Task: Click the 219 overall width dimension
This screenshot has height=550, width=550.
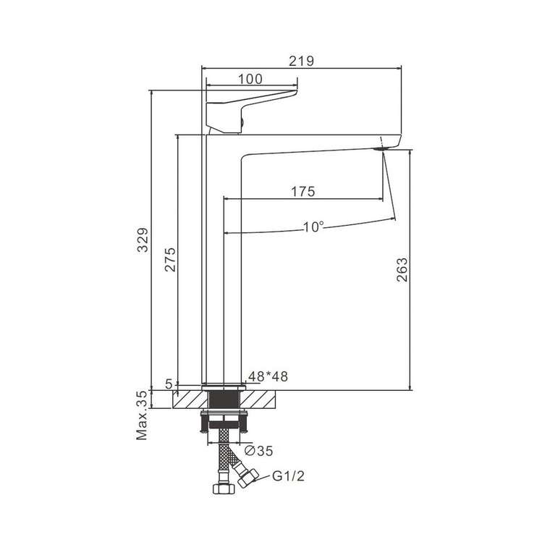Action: [x=301, y=61]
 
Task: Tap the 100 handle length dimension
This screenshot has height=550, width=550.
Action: [x=250, y=80]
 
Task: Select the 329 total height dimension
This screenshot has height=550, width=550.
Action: [x=143, y=240]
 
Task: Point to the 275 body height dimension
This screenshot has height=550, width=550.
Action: [x=170, y=260]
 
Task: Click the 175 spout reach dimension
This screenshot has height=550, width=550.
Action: [x=303, y=192]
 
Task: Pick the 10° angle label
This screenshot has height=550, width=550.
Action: [x=313, y=227]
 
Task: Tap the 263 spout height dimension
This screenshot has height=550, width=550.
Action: [x=402, y=269]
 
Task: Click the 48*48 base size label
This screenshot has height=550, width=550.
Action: [x=268, y=376]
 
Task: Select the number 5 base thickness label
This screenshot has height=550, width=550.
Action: [x=169, y=384]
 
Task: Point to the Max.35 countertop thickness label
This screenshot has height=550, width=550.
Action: [x=142, y=415]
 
